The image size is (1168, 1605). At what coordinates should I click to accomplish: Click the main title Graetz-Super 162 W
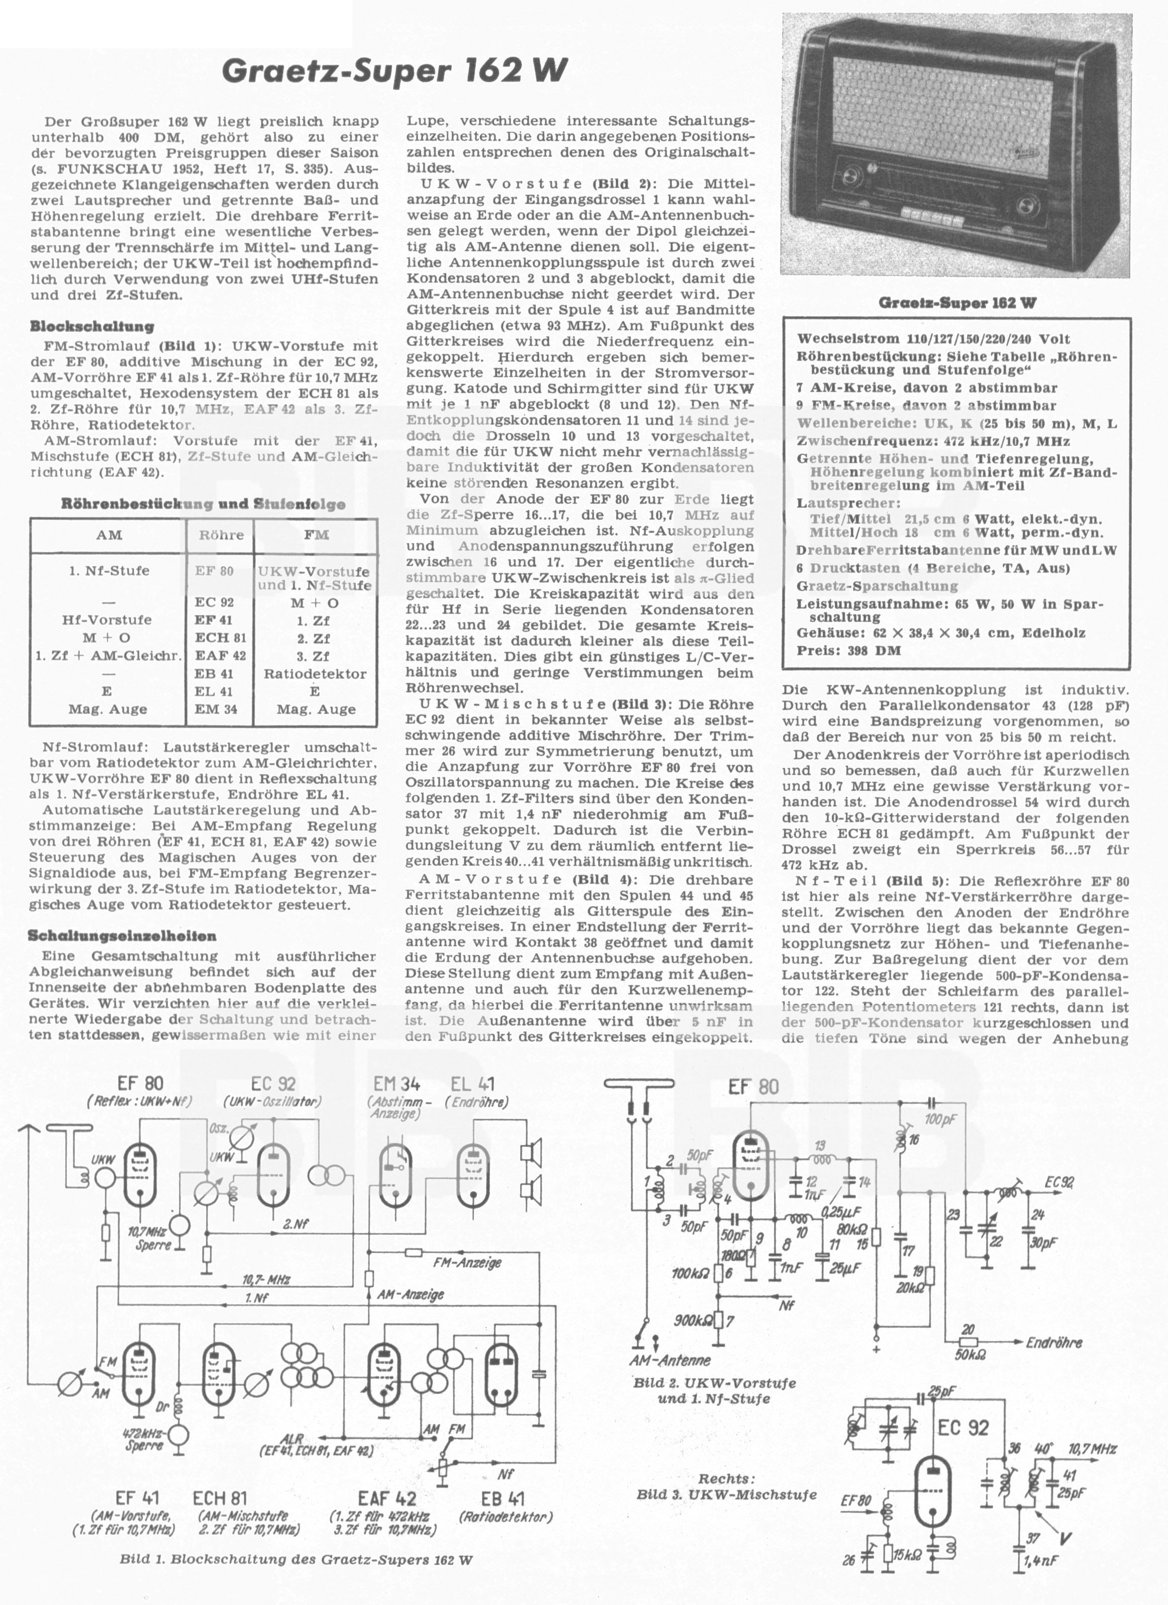tap(395, 71)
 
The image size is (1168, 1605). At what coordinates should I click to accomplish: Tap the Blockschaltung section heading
tap(92, 326)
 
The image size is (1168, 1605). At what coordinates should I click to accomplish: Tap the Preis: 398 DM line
tap(848, 650)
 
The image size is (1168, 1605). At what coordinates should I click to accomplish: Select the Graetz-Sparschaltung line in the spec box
tap(877, 586)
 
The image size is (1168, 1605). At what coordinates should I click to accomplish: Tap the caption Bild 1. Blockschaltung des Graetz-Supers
tap(297, 1579)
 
